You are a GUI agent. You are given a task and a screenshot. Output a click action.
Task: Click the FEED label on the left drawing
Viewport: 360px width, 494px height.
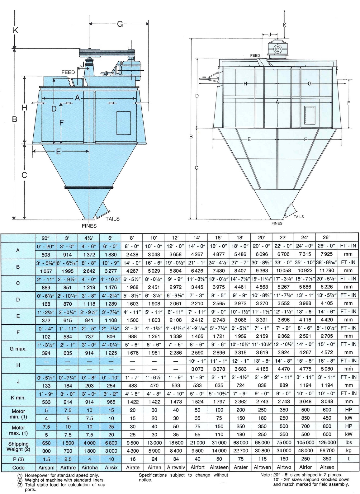click(68, 72)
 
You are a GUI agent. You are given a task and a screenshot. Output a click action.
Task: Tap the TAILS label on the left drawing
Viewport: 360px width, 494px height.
click(112, 219)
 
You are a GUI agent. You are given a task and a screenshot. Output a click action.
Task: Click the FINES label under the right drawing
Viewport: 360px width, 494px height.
click(277, 223)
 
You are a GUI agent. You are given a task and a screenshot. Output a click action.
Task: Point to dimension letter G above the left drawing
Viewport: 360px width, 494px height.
click(120, 24)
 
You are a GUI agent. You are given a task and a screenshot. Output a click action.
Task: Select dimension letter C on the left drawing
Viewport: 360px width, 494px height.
click(24, 175)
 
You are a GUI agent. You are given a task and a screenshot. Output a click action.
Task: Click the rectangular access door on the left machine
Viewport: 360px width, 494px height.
click(123, 123)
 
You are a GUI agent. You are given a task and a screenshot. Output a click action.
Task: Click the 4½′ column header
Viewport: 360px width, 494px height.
click(89, 238)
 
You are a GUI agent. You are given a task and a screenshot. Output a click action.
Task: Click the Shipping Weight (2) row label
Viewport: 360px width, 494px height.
click(18, 447)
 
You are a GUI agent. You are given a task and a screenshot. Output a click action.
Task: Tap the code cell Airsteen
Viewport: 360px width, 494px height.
click(219, 467)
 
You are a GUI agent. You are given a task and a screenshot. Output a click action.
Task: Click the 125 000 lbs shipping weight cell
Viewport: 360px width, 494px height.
click(326, 442)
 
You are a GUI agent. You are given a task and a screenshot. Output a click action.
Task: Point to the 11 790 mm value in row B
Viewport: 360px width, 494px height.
click(326, 271)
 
